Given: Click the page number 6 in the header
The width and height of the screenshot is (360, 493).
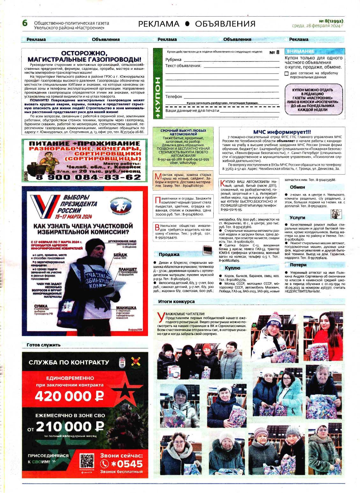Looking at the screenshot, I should (25, 24).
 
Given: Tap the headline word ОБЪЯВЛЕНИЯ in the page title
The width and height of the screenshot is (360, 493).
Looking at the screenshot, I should (225, 24).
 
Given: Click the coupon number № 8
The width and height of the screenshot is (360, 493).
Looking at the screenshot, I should (274, 52).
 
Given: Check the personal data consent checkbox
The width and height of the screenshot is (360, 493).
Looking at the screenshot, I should (286, 74).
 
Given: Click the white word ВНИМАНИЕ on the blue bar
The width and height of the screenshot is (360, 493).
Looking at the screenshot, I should (300, 51).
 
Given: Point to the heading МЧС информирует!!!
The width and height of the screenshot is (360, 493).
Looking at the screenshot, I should (282, 132).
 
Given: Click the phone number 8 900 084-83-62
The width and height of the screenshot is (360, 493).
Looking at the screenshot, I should (88, 177).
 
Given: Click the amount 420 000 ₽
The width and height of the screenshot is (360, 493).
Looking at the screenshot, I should (70, 396).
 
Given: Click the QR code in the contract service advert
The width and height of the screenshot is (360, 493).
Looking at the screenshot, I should (87, 461).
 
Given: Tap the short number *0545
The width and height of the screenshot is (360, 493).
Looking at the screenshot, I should (126, 464).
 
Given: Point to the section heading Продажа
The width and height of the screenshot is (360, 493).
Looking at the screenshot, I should (169, 254).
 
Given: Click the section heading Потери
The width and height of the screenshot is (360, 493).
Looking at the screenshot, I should (298, 265).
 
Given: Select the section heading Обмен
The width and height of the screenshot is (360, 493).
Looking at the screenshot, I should (298, 187).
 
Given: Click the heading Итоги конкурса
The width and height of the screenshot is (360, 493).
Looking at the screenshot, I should (176, 301).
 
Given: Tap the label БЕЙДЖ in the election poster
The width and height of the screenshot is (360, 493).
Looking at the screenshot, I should (120, 255).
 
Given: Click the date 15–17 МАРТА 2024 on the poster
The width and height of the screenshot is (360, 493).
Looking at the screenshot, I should (73, 217).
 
